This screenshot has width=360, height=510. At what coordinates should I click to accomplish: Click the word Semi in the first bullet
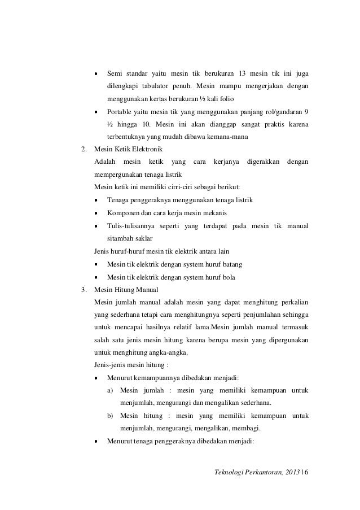115,73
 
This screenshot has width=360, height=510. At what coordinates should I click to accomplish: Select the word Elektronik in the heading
146,149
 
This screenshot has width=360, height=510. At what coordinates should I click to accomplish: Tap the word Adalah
105,162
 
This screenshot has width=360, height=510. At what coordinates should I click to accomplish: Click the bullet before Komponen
96,213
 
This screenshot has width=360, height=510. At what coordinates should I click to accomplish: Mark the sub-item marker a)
109,390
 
